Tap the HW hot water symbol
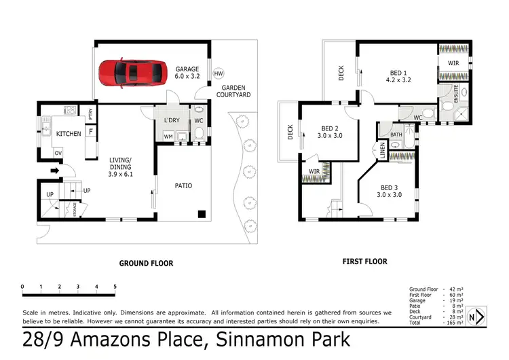219,74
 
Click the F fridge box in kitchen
90,130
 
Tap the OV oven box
58,153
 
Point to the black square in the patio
202,215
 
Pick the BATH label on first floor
396,135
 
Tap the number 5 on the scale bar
115,287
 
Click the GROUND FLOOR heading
146,263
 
